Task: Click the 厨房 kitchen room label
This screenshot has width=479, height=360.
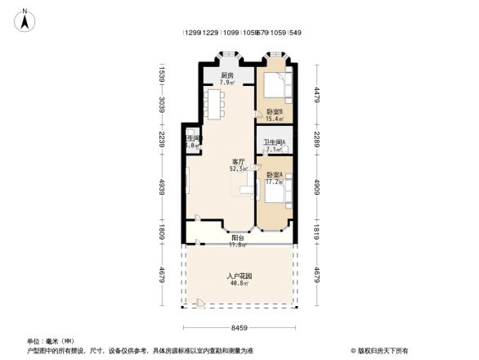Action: point(227,75)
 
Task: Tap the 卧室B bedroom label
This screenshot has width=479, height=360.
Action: point(274,111)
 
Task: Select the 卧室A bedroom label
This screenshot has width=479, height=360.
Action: point(274,175)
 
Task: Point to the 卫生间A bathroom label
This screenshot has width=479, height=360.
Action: point(274,143)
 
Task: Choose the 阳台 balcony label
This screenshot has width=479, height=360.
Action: point(236,237)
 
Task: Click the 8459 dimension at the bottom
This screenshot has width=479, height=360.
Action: point(239,328)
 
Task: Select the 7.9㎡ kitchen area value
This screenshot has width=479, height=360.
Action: point(227,83)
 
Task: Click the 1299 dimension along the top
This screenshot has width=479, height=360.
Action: point(192,33)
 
